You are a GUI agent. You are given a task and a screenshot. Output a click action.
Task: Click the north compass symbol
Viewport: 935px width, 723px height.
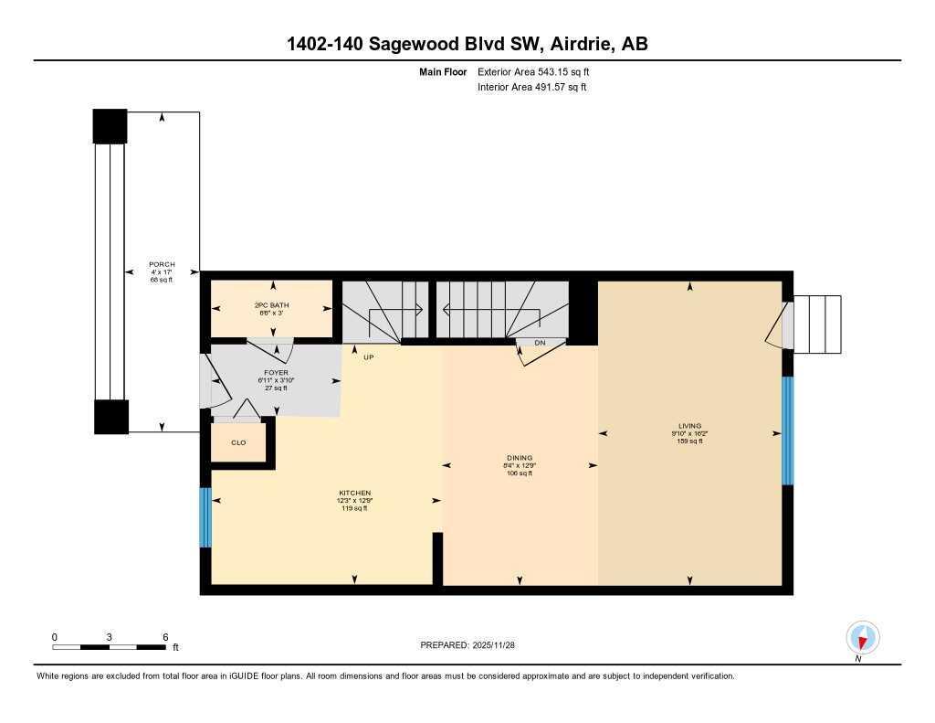pos(862,637)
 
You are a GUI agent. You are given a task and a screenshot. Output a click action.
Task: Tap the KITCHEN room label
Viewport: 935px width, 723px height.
pos(353,493)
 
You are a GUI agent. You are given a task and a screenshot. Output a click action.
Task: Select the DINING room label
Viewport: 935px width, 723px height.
pos(520,458)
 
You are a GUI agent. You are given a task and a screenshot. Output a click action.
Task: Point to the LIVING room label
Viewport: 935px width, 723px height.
pos(689,426)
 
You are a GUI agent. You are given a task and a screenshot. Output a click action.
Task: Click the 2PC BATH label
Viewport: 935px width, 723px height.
pos(271,303)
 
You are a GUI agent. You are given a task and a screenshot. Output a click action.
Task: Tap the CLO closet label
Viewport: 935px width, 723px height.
pos(237,442)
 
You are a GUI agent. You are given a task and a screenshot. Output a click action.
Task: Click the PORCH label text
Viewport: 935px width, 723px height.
pos(162,264)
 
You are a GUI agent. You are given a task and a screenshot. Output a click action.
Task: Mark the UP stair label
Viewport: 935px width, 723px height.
pos(370,357)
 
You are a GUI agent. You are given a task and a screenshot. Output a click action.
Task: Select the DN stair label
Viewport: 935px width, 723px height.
pos(540,343)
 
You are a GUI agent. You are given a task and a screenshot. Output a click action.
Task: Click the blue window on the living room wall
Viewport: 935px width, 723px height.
pos(788,430)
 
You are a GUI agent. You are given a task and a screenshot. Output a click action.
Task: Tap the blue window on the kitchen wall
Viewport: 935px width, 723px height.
pos(205,517)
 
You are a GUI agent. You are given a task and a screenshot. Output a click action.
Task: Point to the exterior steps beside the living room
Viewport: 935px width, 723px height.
pos(818,324)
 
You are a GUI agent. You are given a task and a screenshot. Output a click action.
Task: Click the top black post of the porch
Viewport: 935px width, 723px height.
pos(110,126)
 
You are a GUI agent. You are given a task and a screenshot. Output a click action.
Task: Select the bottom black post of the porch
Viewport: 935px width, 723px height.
pos(111,417)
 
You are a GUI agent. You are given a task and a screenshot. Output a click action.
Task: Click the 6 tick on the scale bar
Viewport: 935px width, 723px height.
pos(164,637)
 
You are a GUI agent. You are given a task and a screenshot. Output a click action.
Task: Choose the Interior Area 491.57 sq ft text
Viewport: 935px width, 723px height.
pos(531,88)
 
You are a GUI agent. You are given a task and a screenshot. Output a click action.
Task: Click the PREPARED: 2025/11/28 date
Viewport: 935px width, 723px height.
pos(467,645)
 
